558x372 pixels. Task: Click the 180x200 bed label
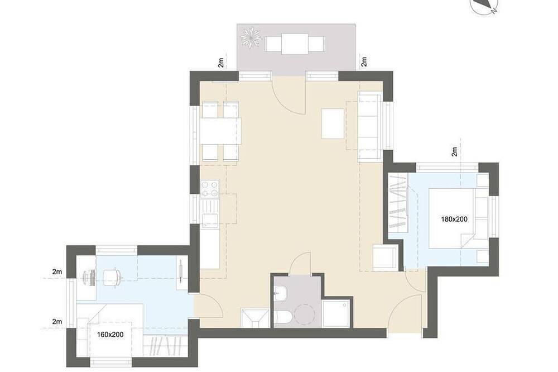pyautogui.click(x=454, y=219)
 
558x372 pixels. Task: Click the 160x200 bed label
pyautogui.click(x=110, y=335)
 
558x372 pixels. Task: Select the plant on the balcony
pyautogui.click(x=251, y=37)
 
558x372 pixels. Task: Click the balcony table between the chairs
pyautogui.click(x=295, y=44)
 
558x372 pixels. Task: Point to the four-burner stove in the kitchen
pyautogui.click(x=210, y=189)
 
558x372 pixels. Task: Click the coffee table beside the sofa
pyautogui.click(x=333, y=123)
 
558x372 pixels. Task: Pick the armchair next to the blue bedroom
pyautogui.click(x=386, y=257)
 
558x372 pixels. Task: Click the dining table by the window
pyautogui.click(x=220, y=131)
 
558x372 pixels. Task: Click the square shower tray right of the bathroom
pyautogui.click(x=335, y=313)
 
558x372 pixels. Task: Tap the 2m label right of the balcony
pyautogui.click(x=364, y=62)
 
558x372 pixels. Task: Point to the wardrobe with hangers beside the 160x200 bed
pyautogui.click(x=166, y=346)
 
